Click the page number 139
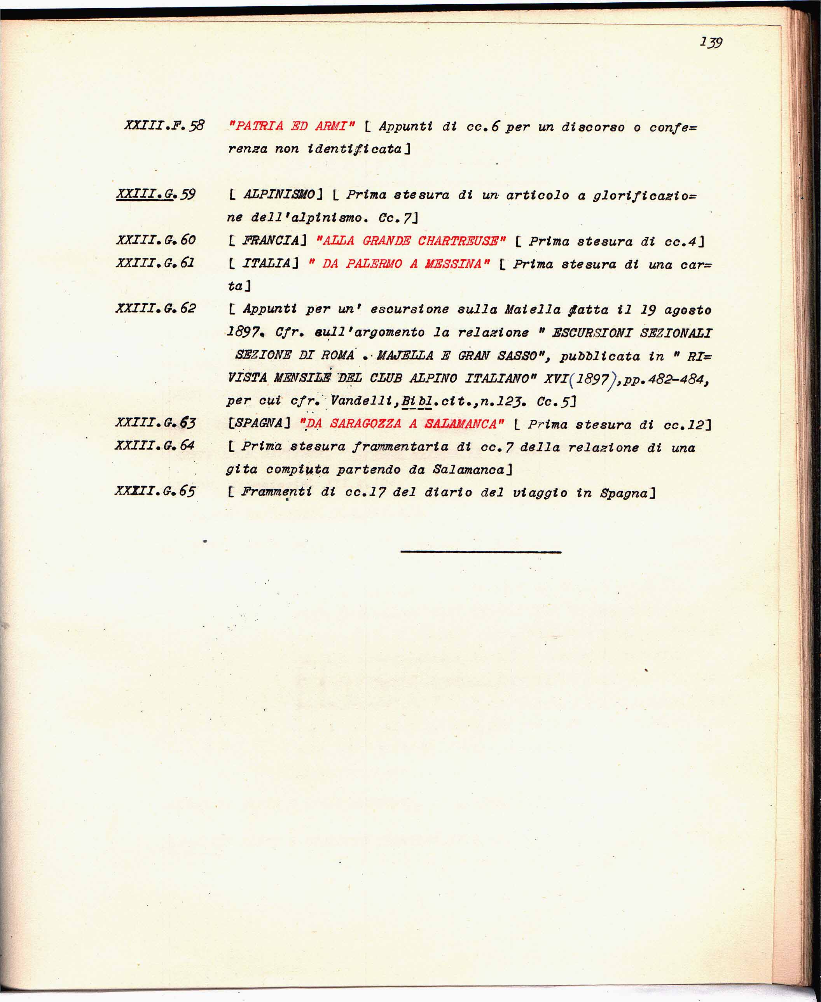coord(711,42)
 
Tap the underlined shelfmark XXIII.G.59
coord(155,195)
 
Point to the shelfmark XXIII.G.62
coord(155,309)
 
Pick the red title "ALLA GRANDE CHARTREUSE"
coord(410,241)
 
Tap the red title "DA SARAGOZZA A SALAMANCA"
coord(402,424)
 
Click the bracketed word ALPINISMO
coord(279,195)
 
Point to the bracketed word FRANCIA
coord(271,241)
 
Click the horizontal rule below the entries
coord(480,552)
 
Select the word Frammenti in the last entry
coord(276,492)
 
